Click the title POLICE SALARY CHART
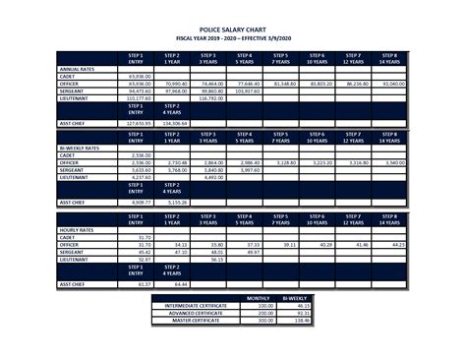coord(232,31)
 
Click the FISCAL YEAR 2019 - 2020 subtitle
coord(232,39)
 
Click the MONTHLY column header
coord(258,297)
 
